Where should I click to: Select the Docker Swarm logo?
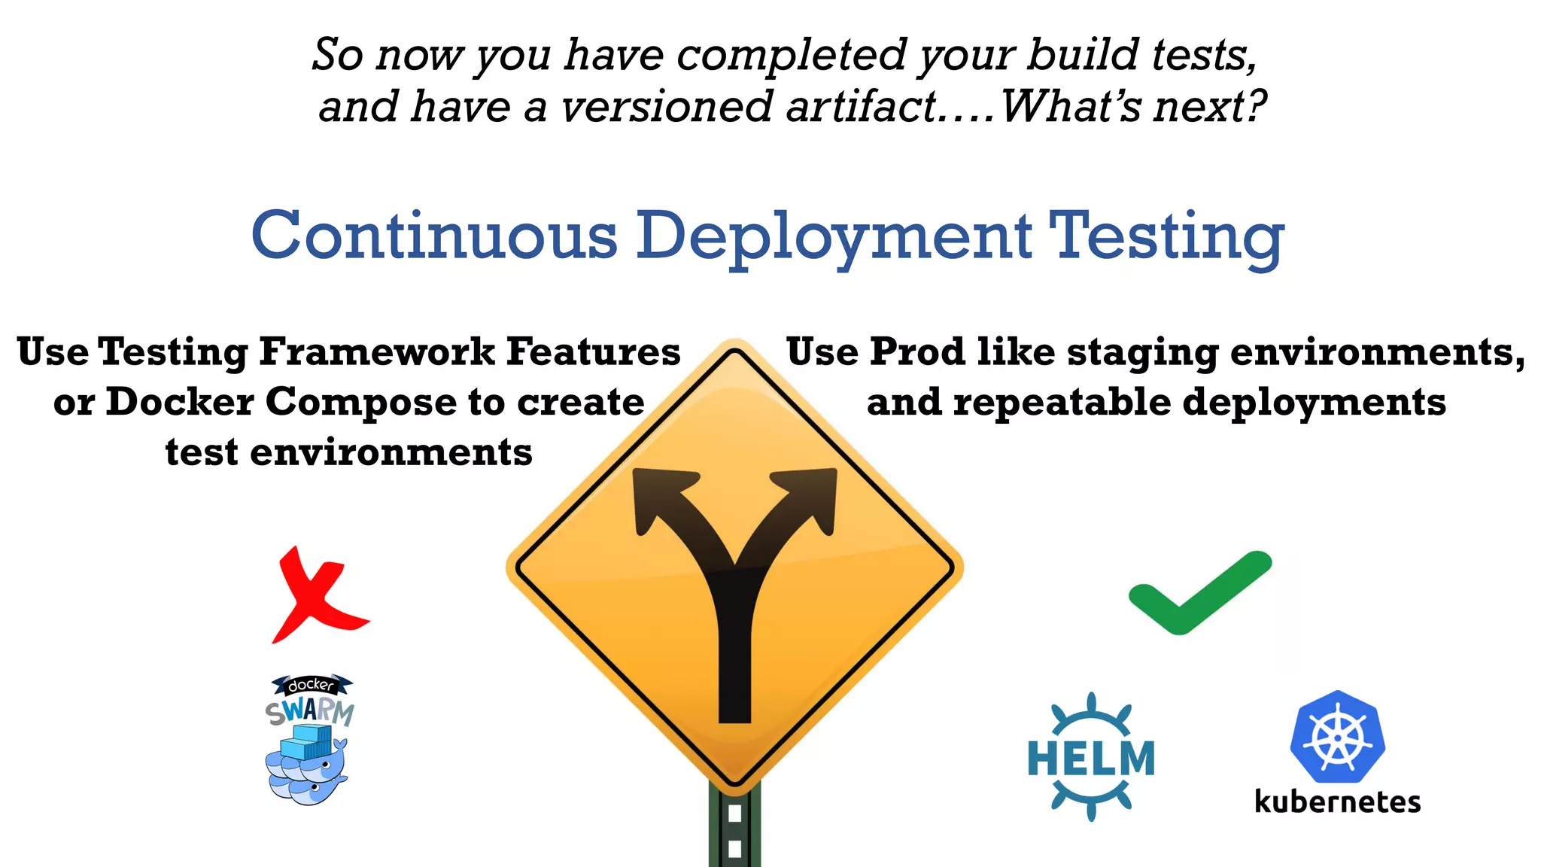(x=309, y=741)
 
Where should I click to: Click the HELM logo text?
(x=1091, y=758)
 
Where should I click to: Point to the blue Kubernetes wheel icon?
(x=1337, y=738)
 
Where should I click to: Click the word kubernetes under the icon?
(x=1337, y=802)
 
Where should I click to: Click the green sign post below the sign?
(x=734, y=828)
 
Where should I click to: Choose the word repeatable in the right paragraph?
(x=1061, y=402)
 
